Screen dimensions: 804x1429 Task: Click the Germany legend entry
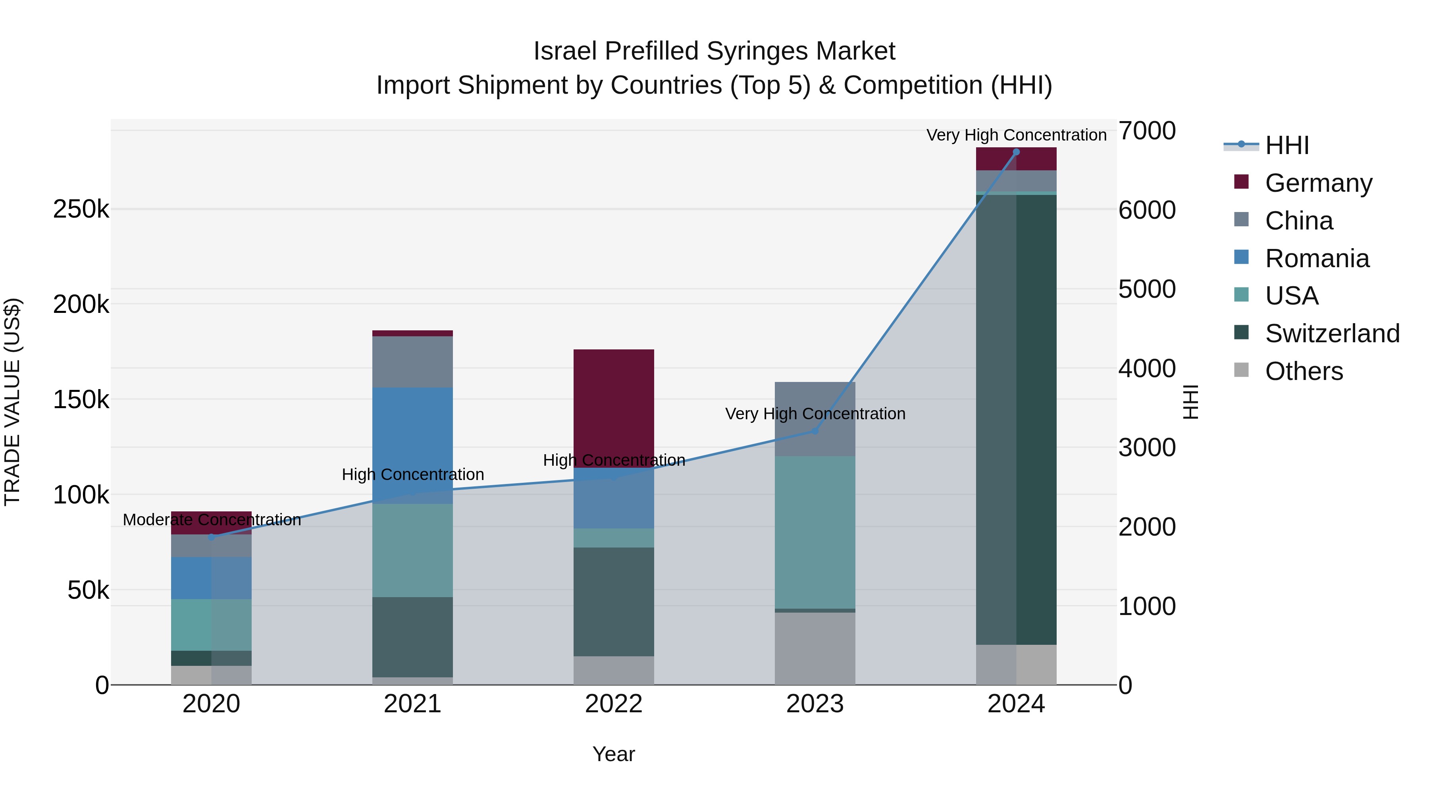coord(1318,183)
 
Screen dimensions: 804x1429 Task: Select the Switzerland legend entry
coord(1331,334)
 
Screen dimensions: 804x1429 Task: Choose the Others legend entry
coord(1304,371)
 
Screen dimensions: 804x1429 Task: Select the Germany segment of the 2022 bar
coord(614,408)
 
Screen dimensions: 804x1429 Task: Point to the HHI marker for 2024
coord(1016,152)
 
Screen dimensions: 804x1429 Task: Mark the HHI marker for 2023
coord(815,430)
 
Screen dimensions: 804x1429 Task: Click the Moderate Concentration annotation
coord(212,520)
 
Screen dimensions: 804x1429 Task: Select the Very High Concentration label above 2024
coord(1016,135)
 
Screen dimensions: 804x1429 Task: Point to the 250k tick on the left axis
coord(81,210)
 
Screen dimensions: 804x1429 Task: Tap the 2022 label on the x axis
coord(614,704)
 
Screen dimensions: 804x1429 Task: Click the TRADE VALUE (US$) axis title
coord(13,402)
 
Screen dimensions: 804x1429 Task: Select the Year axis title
coord(614,754)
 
